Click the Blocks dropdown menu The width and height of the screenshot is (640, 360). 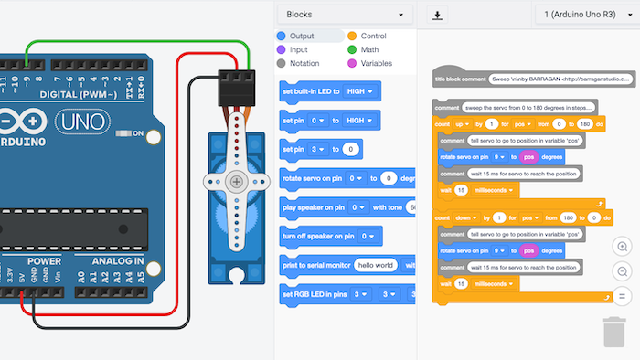coord(344,15)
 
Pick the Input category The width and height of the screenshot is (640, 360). coord(298,49)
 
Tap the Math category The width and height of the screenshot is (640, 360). coord(368,49)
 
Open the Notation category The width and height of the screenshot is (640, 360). coord(304,63)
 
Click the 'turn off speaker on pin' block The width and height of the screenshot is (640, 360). coord(316,236)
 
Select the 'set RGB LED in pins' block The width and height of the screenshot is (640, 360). coord(314,294)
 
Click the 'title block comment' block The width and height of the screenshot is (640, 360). coord(460,79)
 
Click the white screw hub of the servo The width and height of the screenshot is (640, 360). coord(237,182)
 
